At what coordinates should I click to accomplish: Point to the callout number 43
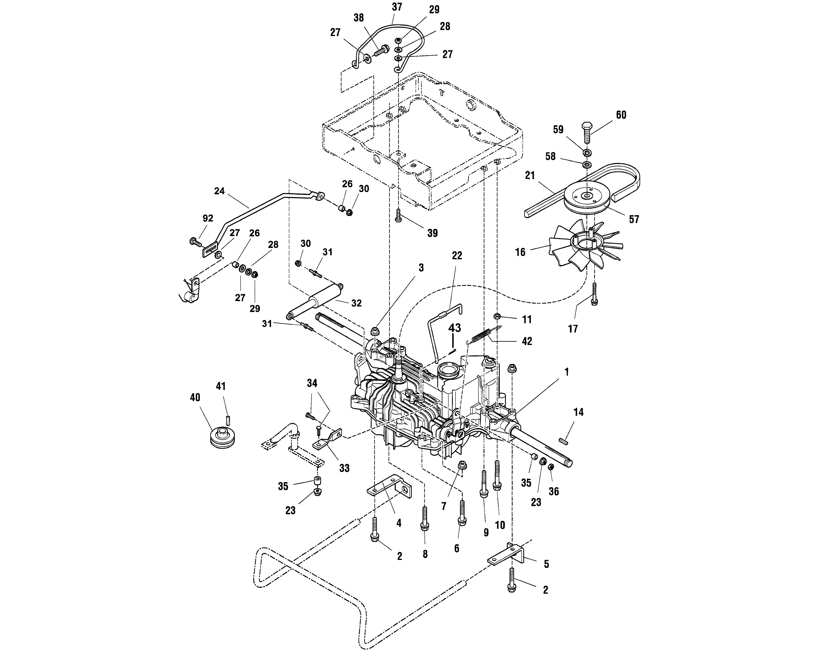coord(454,328)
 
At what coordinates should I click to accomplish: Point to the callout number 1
coord(566,372)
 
